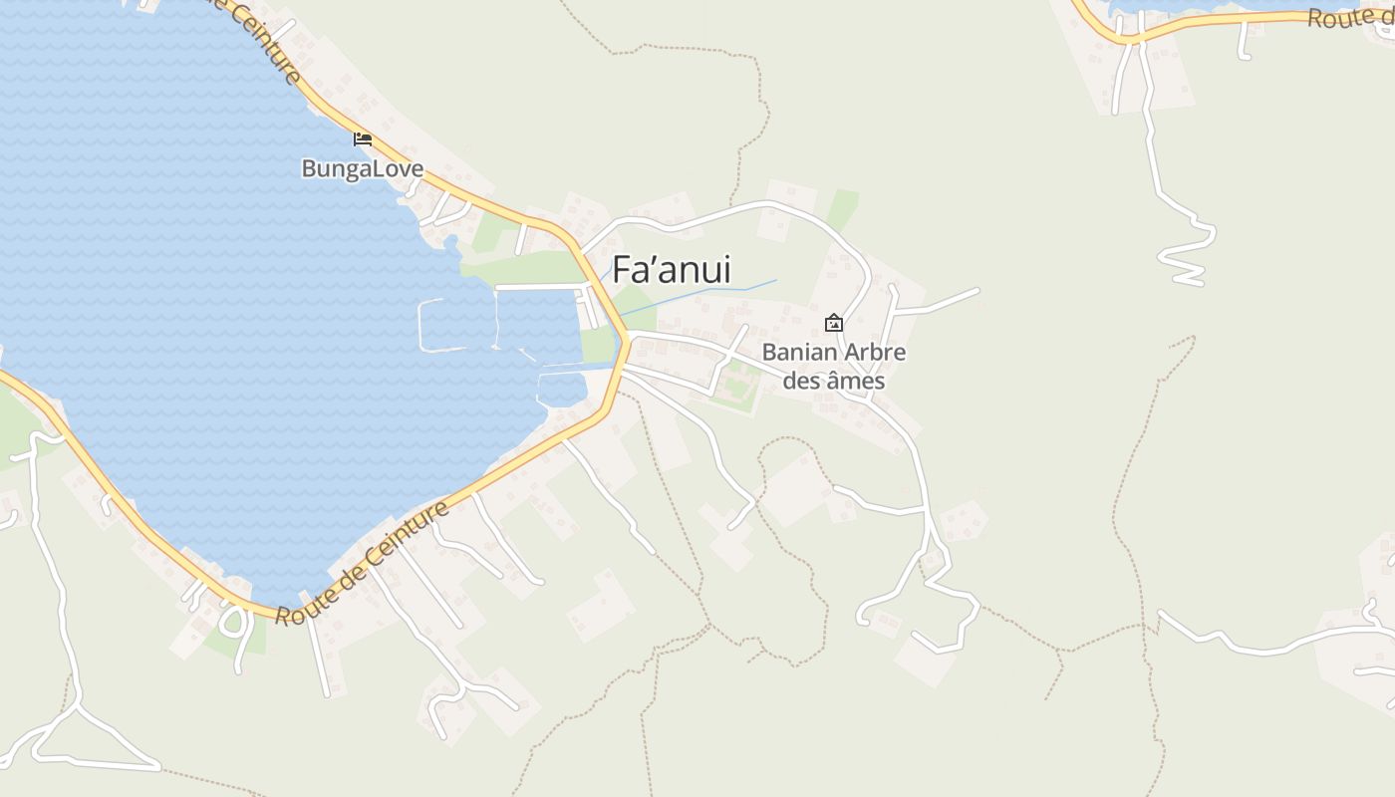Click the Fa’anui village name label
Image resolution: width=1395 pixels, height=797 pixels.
671,270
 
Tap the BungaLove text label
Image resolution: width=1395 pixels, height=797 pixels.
362,168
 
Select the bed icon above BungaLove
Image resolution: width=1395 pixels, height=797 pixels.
363,138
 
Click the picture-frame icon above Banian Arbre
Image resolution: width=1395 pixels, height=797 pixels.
834,323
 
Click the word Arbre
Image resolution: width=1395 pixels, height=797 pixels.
875,353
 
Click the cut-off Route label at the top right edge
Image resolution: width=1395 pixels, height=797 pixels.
1350,18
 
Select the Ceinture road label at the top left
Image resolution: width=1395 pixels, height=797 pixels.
265,40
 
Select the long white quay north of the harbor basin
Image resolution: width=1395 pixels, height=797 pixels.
538,287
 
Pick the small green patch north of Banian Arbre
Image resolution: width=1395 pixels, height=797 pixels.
842,209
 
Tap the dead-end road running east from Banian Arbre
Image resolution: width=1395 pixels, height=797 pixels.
937,302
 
